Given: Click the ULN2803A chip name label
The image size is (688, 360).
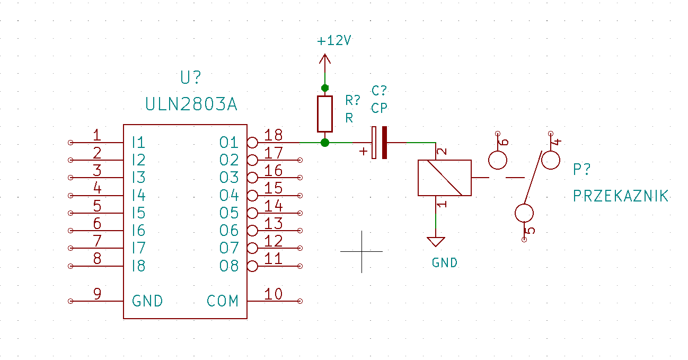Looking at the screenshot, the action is (x=191, y=104).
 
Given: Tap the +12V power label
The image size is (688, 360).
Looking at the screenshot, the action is (x=334, y=40).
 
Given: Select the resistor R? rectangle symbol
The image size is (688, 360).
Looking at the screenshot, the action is (x=324, y=114).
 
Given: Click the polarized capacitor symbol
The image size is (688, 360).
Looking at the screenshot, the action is (x=379, y=143).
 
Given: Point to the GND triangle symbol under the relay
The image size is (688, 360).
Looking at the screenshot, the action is (x=436, y=241).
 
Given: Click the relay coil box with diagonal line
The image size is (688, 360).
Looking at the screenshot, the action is (x=444, y=178).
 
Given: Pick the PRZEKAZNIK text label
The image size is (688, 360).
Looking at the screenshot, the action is (x=621, y=196).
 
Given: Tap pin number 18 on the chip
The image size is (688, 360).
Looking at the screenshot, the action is (x=274, y=135).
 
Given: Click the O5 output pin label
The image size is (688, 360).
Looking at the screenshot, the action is (x=229, y=213).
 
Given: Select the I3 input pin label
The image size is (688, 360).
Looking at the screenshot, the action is (x=138, y=178).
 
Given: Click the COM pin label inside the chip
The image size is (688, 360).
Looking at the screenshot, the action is (x=223, y=301).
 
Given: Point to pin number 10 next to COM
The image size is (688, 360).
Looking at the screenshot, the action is (x=274, y=294).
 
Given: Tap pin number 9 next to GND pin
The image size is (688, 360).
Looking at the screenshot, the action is (x=98, y=294).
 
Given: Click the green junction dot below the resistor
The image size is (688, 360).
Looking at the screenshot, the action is (x=324, y=143).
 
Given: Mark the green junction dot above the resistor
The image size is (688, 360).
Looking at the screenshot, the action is (x=324, y=88).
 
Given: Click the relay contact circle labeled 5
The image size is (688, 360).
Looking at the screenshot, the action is (x=524, y=213).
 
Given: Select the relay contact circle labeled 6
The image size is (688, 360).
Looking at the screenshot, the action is (x=498, y=160).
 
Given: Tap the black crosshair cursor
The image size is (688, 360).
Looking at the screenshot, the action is (x=361, y=251).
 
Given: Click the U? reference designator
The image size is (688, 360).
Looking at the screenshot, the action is (x=190, y=77).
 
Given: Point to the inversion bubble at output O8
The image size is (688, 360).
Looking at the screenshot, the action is (x=252, y=266).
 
